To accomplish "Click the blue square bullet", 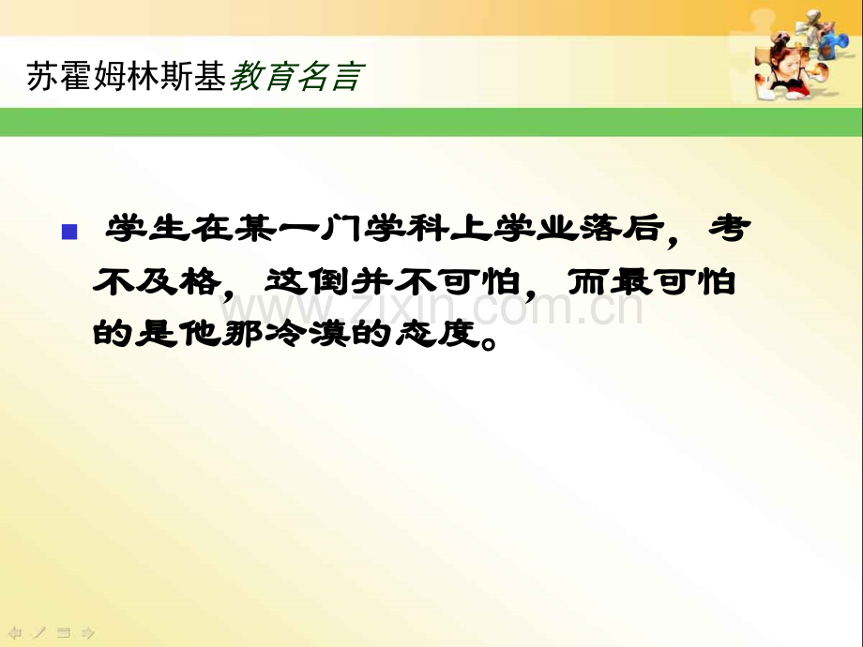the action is coord(69,232).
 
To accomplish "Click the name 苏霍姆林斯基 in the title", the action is coord(126,76).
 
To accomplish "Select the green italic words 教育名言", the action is coord(296,76).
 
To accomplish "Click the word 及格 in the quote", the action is coord(178,281).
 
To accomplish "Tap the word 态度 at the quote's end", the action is coord(436,332).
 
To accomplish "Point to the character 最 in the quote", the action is coord(632,281).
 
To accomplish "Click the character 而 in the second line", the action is coord(588,281).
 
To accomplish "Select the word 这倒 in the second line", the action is coord(308,281).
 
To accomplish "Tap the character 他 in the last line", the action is coord(200,332).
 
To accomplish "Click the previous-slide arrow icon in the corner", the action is coord(15,633).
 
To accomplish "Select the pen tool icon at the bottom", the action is coord(39,633).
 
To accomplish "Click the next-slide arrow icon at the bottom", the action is coord(88,633).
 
